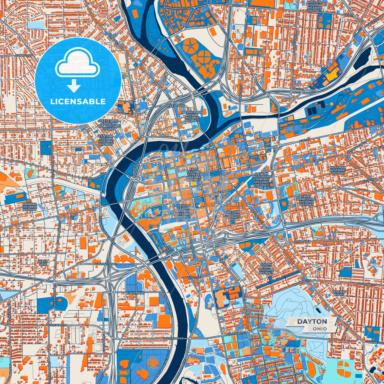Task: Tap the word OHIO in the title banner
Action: click(x=320, y=329)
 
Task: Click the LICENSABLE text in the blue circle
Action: click(x=78, y=102)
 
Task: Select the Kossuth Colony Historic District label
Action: click(x=315, y=6)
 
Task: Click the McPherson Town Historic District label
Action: click(x=192, y=116)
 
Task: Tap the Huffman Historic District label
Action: click(x=338, y=170)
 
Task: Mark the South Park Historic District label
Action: click(x=266, y=269)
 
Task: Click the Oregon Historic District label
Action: click(x=232, y=214)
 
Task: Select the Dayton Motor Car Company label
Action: click(x=261, y=179)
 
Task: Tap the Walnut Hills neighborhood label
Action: click(x=340, y=293)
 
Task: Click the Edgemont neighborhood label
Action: click(x=136, y=293)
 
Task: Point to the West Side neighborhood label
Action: click(x=43, y=263)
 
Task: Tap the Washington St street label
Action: click(x=106, y=264)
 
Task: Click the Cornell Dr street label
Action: click(x=24, y=55)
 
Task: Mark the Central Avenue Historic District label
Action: click(x=106, y=140)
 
